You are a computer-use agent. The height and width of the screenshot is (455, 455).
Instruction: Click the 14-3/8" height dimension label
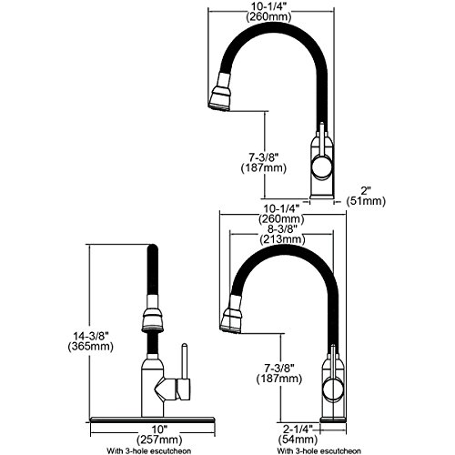91,336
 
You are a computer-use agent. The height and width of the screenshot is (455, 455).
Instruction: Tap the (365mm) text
91,347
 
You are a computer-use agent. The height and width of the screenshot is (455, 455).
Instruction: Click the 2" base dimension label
366,191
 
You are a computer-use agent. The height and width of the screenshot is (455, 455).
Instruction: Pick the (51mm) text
366,201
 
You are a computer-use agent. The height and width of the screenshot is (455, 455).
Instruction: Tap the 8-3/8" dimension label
282,228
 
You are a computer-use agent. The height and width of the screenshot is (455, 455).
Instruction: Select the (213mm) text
282,239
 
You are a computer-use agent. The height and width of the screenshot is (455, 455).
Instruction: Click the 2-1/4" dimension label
298,429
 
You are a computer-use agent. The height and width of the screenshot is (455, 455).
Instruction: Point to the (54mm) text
298,440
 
